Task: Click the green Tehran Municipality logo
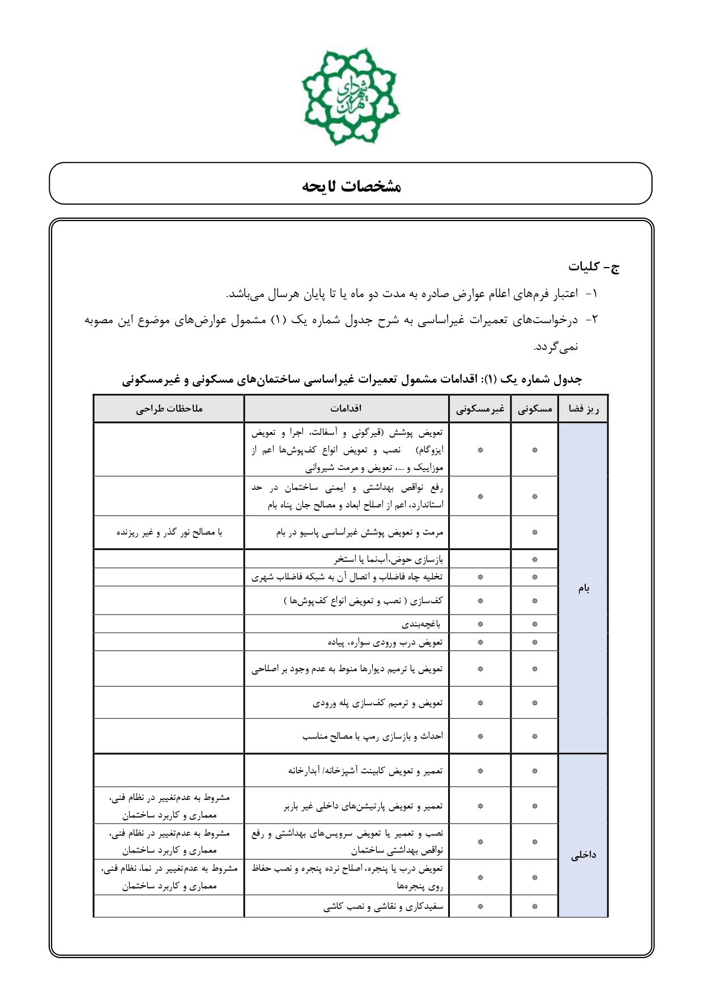click(x=351, y=96)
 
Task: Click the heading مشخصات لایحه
click(x=351, y=186)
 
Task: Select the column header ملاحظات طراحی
click(x=169, y=408)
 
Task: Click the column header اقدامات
click(x=346, y=408)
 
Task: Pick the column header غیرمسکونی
click(x=480, y=408)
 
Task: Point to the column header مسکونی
click(x=534, y=408)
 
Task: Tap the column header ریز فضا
click(x=583, y=408)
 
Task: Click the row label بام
click(x=583, y=588)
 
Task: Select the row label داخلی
click(x=583, y=855)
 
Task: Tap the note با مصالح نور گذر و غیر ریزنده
click(x=169, y=532)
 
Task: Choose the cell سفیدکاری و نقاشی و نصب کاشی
click(x=384, y=907)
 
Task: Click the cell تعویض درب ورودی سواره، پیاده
click(x=385, y=642)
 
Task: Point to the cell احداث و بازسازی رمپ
click(x=372, y=736)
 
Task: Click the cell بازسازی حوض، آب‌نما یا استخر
click(x=388, y=559)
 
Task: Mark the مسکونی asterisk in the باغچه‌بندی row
click(x=534, y=624)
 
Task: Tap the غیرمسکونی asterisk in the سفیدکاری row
click(x=480, y=907)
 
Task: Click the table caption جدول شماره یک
click(x=352, y=379)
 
